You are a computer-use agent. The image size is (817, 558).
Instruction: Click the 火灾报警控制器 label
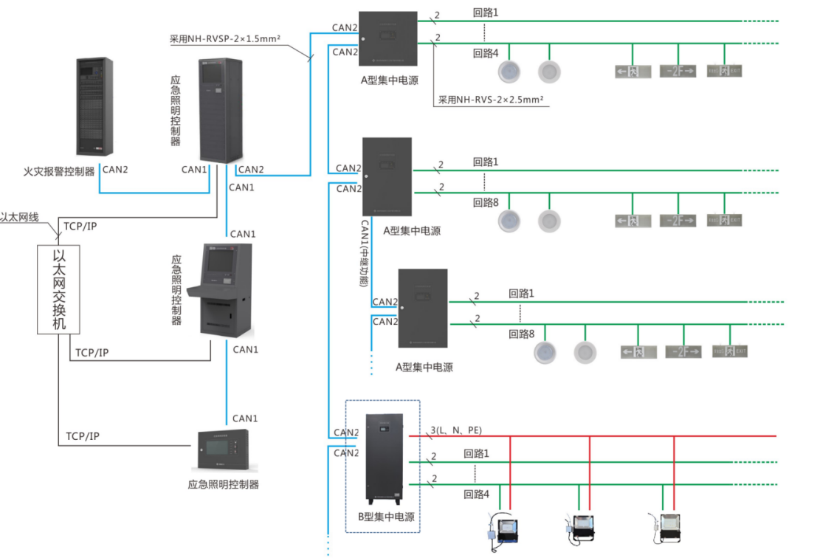click(x=59, y=171)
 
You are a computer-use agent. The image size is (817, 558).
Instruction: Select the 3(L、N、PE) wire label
click(x=455, y=430)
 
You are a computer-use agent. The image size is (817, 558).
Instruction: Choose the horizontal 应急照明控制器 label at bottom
click(x=224, y=484)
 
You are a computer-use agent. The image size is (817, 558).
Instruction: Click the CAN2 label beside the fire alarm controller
click(x=115, y=169)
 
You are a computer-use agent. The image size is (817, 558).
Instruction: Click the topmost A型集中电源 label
click(x=390, y=80)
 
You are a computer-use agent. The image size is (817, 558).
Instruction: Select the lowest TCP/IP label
click(x=83, y=436)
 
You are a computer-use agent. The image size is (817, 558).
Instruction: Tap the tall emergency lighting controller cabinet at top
click(x=221, y=111)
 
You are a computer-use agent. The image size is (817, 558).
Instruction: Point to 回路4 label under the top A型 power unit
click(x=486, y=53)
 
